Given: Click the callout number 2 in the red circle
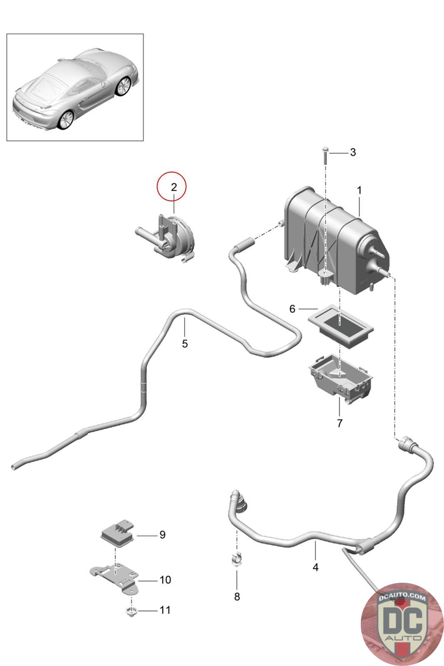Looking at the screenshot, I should (174, 187).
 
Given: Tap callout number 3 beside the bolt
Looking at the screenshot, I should (352, 152).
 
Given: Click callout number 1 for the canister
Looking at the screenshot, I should (359, 191).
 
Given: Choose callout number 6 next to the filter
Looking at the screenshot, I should (292, 309).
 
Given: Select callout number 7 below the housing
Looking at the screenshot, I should (340, 424).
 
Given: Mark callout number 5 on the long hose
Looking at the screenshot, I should (185, 344).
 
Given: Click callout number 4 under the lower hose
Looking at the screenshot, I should (315, 567).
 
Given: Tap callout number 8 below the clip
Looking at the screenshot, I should (237, 597).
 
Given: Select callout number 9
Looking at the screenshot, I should (162, 534).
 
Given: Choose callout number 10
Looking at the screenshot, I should (165, 580).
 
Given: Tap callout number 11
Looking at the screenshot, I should (165, 610).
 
